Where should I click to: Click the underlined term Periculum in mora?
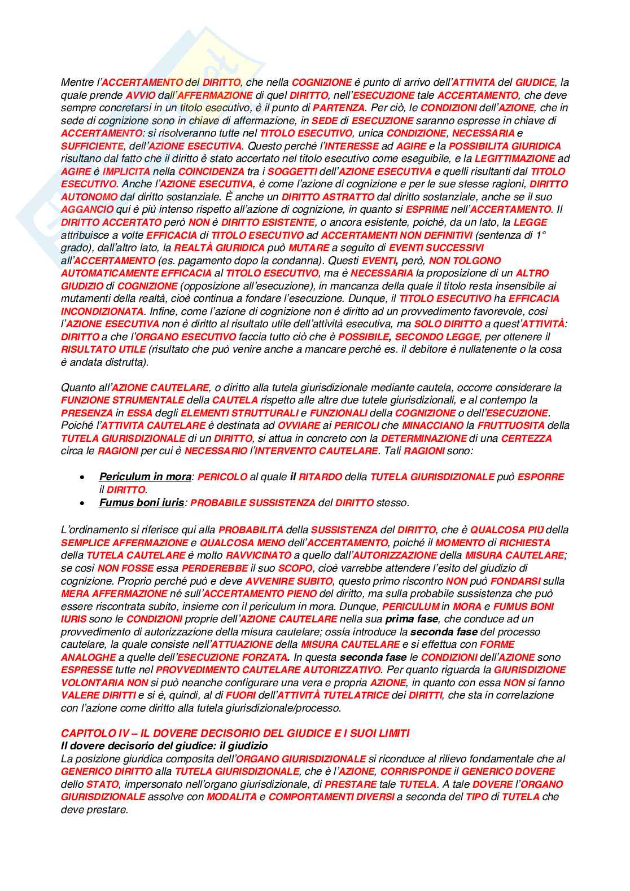pyautogui.click(x=145, y=477)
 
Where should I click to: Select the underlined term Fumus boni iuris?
pyautogui.click(x=141, y=502)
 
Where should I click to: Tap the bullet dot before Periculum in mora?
pyautogui.click(x=84, y=477)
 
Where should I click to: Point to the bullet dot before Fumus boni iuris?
pyautogui.click(x=84, y=503)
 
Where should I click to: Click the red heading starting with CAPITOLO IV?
pyautogui.click(x=235, y=733)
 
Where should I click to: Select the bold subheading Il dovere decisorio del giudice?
pyautogui.click(x=164, y=746)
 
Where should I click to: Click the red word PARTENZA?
pyautogui.click(x=339, y=108)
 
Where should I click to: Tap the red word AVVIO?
pyautogui.click(x=141, y=95)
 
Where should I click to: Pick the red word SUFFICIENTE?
pyautogui.click(x=92, y=146)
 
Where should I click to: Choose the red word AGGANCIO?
pyautogui.click(x=87, y=209)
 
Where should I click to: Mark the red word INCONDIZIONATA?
pyautogui.click(x=102, y=311)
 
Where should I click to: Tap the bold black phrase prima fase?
pyautogui.click(x=412, y=619)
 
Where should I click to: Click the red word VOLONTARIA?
pyautogui.click(x=92, y=683)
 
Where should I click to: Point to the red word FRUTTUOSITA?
pyautogui.click(x=511, y=425)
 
